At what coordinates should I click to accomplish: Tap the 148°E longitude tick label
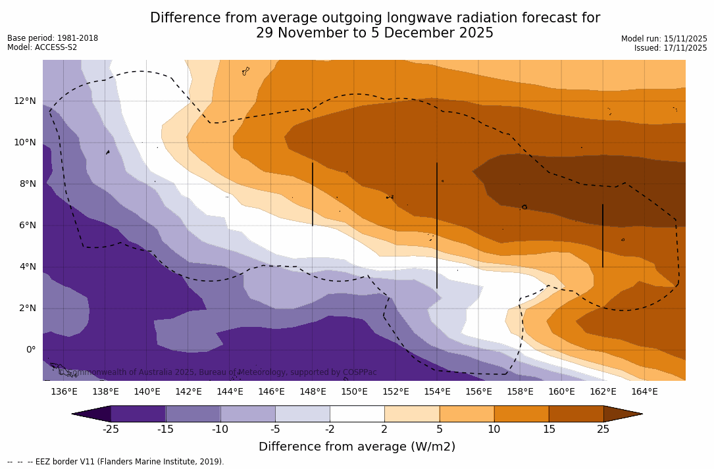click(x=313, y=391)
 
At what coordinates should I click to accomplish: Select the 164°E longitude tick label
click(x=644, y=391)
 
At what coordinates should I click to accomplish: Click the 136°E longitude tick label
click(x=64, y=391)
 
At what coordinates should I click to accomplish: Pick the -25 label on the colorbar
click(x=111, y=430)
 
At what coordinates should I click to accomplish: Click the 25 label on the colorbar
click(x=603, y=430)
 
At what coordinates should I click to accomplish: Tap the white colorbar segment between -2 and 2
click(x=357, y=414)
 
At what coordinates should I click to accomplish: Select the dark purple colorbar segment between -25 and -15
click(x=138, y=414)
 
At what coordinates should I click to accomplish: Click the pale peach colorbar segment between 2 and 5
click(x=411, y=414)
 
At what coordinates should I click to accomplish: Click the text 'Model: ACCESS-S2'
click(x=42, y=47)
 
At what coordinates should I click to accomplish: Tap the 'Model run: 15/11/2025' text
click(x=664, y=39)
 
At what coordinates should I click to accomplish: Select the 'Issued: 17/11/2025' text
click(x=671, y=48)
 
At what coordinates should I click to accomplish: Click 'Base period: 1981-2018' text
click(x=53, y=38)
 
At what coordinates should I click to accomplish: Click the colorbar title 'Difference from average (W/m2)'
click(x=357, y=447)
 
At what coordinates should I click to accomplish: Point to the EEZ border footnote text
click(x=116, y=462)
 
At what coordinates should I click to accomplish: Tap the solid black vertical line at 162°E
click(x=603, y=235)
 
